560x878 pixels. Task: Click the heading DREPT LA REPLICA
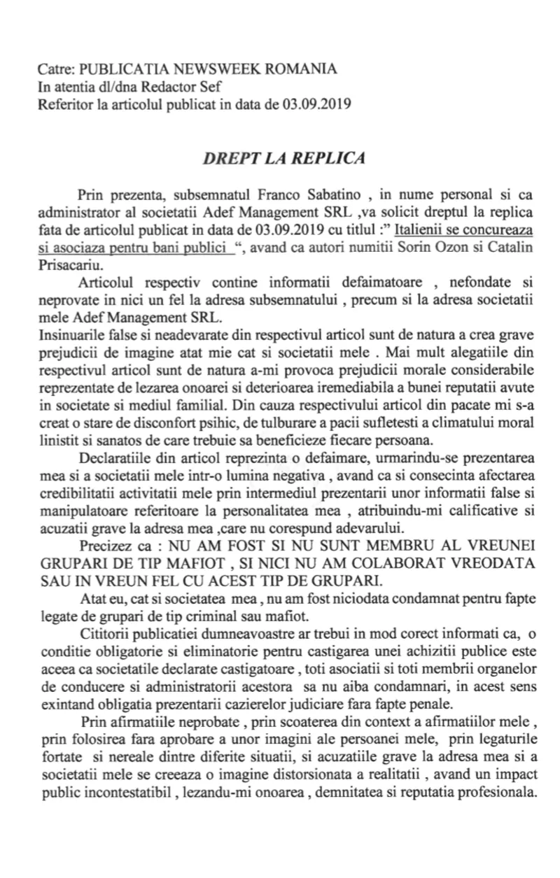283,157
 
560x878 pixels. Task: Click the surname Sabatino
328,194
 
